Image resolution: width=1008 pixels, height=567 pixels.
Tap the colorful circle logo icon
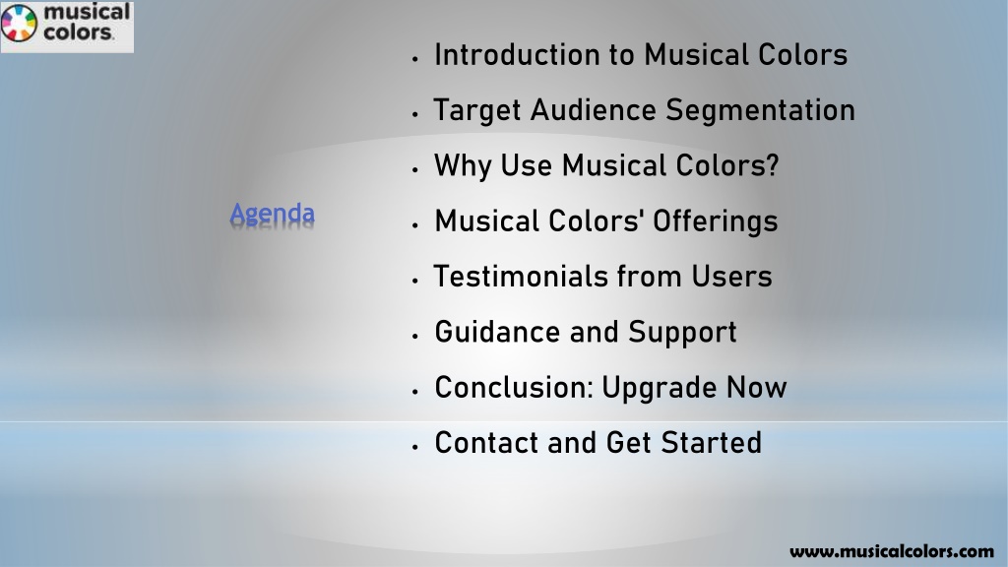pyautogui.click(x=20, y=23)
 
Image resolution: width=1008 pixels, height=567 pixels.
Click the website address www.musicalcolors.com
pyautogui.click(x=892, y=551)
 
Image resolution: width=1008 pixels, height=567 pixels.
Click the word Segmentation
pyautogui.click(x=760, y=110)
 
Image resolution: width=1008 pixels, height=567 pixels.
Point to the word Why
pyautogui.click(x=463, y=165)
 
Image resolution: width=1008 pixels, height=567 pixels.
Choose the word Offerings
pyautogui.click(x=715, y=221)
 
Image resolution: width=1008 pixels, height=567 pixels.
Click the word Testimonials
pyautogui.click(x=521, y=277)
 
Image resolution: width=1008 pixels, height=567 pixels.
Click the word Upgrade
pyautogui.click(x=659, y=389)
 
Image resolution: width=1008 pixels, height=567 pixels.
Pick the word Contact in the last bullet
pyautogui.click(x=486, y=443)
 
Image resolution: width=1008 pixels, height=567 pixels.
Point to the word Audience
pyautogui.click(x=594, y=110)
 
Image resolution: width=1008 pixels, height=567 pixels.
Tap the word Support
pyautogui.click(x=682, y=334)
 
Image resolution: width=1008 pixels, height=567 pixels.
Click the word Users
pyautogui.click(x=731, y=277)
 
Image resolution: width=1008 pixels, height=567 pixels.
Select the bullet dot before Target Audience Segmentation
pyautogui.click(x=415, y=114)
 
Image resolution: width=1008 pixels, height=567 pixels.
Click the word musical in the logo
pyautogui.click(x=87, y=12)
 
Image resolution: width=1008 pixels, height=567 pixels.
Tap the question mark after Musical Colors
pyautogui.click(x=772, y=165)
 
